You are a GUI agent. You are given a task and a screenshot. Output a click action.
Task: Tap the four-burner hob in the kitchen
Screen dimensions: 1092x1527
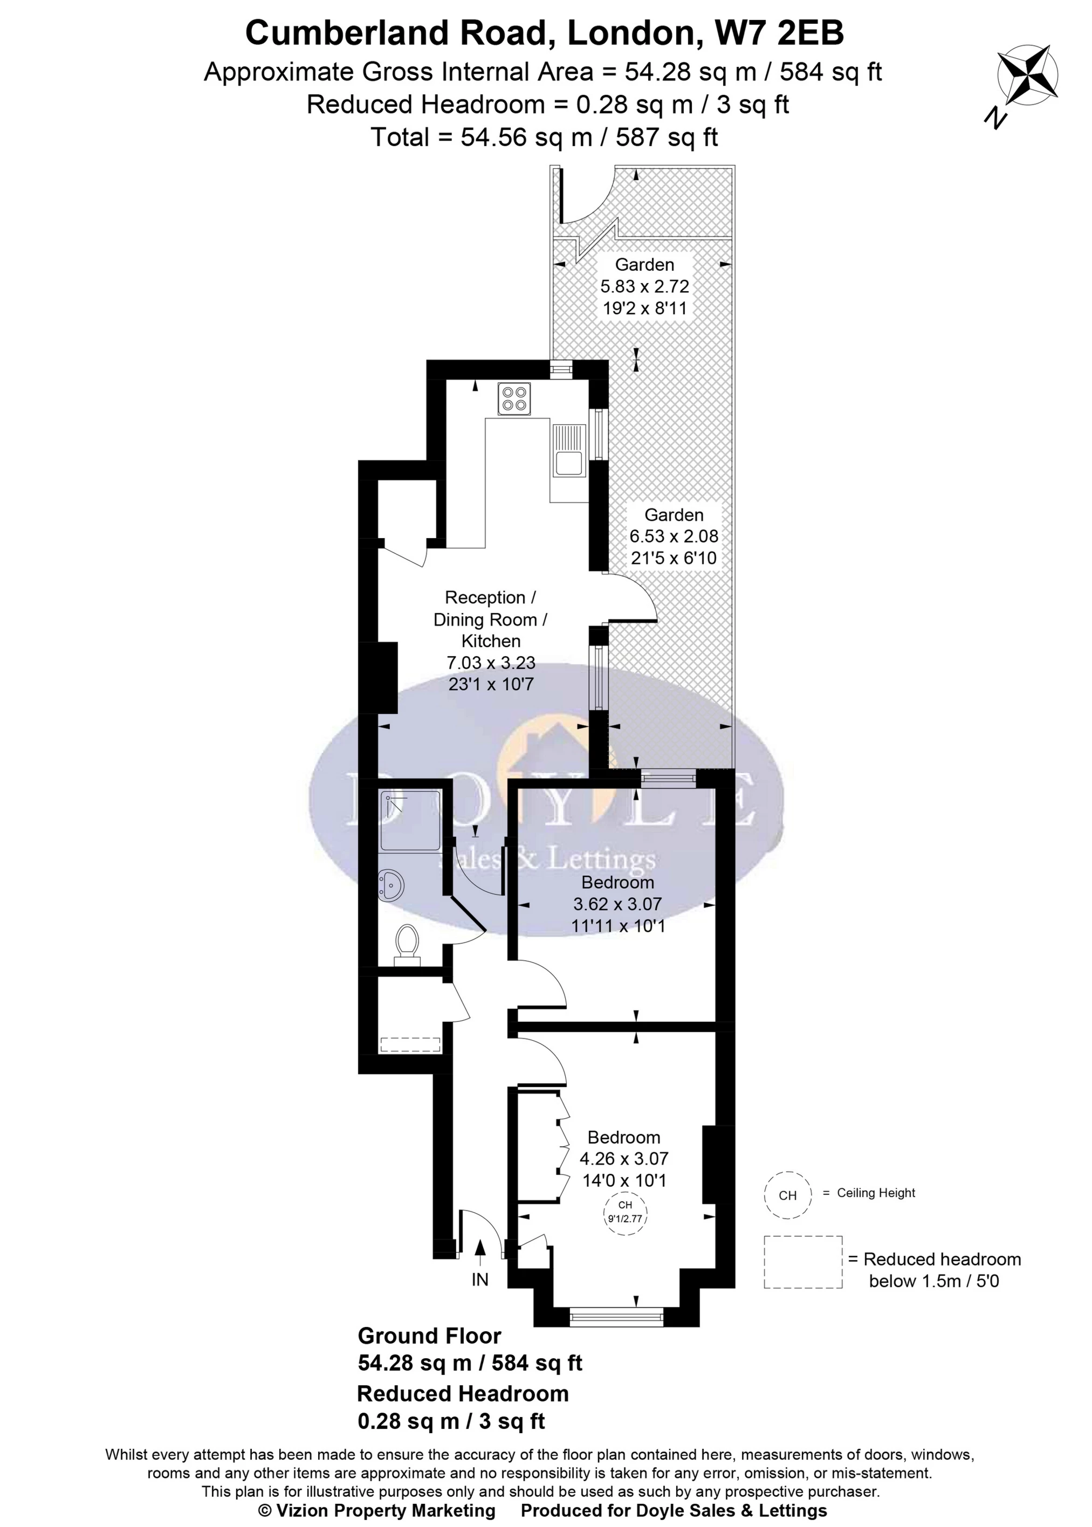point(514,398)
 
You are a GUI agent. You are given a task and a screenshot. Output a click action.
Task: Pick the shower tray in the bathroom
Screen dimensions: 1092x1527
point(411,820)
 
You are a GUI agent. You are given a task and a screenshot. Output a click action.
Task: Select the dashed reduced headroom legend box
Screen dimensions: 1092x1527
point(803,1262)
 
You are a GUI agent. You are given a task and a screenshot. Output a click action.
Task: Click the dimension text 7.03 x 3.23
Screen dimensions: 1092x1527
point(491,662)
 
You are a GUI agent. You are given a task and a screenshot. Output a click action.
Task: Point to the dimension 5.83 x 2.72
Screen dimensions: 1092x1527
point(645,286)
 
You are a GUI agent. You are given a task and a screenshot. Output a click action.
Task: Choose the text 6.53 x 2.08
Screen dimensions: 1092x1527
point(674,536)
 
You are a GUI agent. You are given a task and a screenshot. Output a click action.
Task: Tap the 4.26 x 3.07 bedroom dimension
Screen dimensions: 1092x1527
point(624,1159)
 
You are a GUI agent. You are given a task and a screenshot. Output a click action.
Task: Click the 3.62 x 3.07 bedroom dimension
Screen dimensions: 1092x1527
point(617,904)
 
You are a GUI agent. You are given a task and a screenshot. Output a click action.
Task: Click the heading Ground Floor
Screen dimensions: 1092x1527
point(429,1336)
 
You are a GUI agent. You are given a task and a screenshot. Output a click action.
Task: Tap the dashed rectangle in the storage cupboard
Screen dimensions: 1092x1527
point(410,1045)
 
